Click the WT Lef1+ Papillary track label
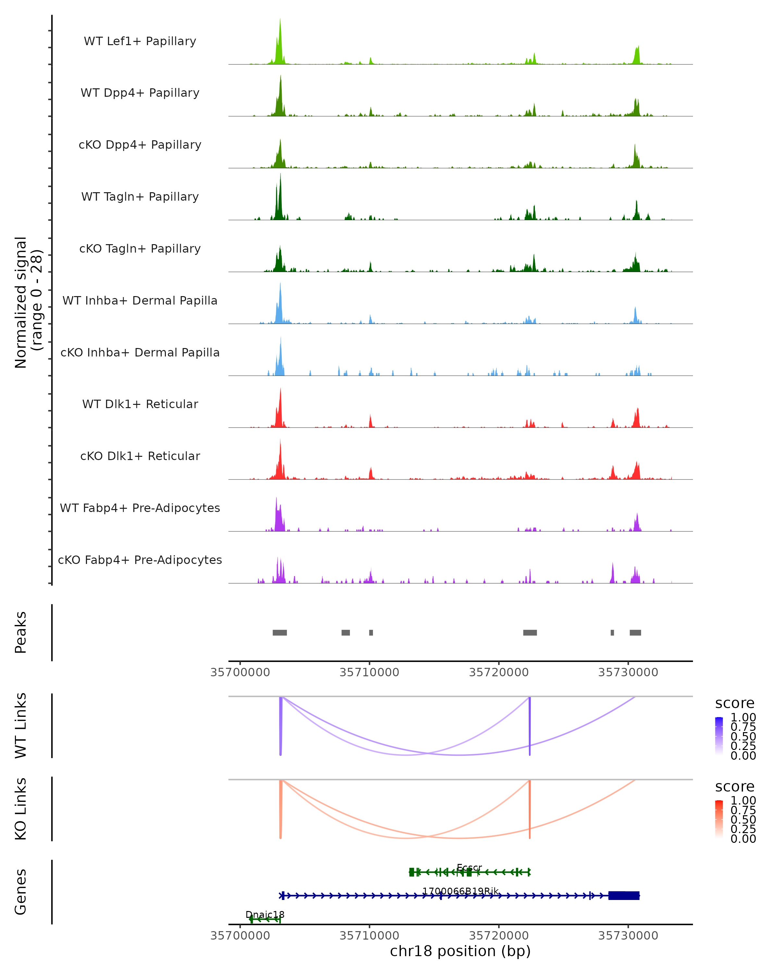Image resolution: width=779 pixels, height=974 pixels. [140, 41]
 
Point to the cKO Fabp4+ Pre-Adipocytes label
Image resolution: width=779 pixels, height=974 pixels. [140, 560]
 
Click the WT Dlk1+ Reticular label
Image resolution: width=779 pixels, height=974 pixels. [140, 404]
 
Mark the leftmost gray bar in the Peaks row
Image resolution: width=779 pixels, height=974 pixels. [279, 632]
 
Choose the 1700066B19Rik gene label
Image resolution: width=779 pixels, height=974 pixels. [460, 891]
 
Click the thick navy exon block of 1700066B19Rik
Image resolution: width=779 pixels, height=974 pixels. [624, 895]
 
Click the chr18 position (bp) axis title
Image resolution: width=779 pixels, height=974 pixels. [460, 951]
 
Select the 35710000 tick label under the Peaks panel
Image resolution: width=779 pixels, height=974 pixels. [369, 672]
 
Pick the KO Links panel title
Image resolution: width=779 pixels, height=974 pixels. [21, 809]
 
